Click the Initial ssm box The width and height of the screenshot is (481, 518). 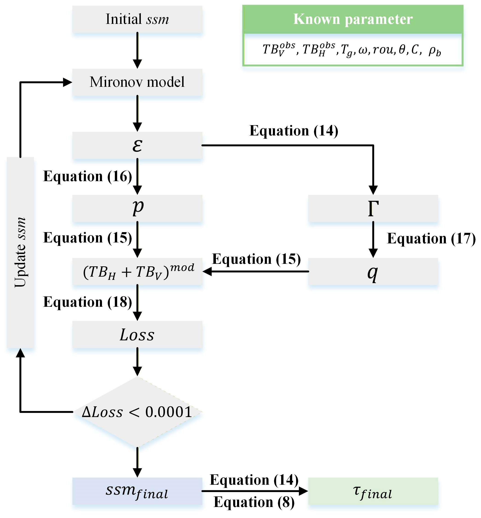(x=137, y=19)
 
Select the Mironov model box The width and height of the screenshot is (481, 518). (x=137, y=82)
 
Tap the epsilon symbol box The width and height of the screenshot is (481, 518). (x=137, y=145)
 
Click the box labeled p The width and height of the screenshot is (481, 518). (x=137, y=208)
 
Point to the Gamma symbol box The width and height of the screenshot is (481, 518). (x=373, y=208)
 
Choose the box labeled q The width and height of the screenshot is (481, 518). (x=373, y=271)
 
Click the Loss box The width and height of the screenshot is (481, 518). (x=137, y=334)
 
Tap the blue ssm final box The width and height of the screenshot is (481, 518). (x=137, y=491)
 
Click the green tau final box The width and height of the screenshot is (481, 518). (x=373, y=491)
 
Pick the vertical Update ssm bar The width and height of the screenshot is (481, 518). (x=20, y=252)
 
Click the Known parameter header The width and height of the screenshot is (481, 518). (x=353, y=19)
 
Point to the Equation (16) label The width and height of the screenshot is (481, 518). (x=88, y=176)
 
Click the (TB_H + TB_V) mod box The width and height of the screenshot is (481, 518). (x=137, y=271)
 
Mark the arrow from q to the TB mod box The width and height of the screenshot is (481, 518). (x=256, y=271)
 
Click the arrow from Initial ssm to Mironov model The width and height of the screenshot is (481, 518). (x=137, y=51)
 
